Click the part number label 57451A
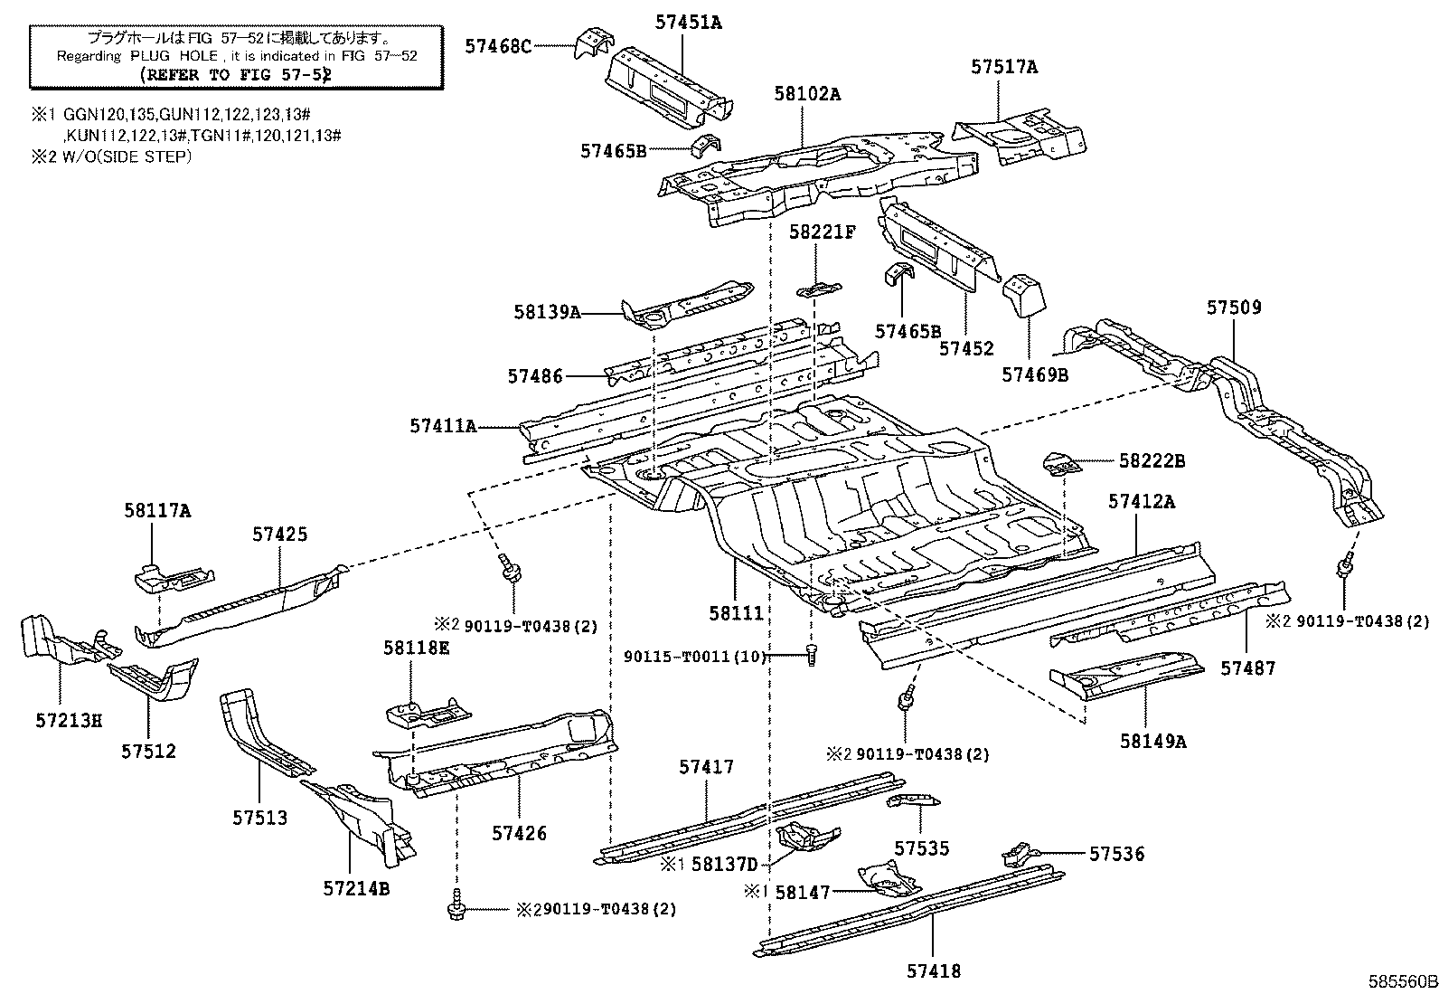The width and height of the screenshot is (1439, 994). [689, 23]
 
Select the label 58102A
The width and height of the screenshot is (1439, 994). [806, 93]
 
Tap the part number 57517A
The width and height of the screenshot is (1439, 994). [1004, 67]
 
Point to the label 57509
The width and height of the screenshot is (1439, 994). [1233, 308]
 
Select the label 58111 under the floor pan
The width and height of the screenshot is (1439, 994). [736, 613]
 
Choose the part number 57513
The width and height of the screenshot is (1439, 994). [259, 818]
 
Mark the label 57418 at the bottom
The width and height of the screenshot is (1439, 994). [933, 971]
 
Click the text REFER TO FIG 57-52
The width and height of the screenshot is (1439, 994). [235, 75]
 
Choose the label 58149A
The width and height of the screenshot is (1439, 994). [1152, 741]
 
